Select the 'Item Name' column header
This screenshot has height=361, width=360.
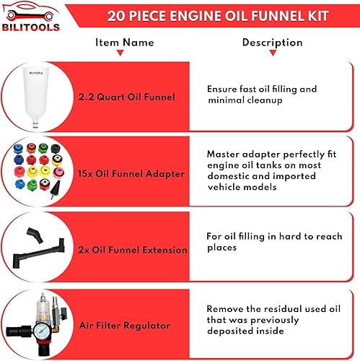(x=124, y=42)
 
